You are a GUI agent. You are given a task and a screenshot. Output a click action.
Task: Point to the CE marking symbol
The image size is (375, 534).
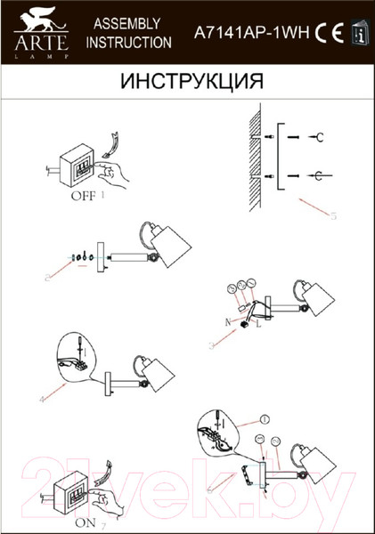(x=326, y=32)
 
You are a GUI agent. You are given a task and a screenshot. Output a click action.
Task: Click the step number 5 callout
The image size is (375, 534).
(x=332, y=214)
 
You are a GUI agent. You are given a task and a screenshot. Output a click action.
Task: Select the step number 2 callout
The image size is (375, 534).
(x=45, y=277)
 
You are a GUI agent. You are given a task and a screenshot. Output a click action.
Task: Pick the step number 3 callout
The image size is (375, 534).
(x=209, y=344)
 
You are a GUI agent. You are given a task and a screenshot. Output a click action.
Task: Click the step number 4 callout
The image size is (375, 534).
(x=43, y=399)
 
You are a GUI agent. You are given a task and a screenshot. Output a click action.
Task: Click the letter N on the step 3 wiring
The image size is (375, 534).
(x=228, y=319)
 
